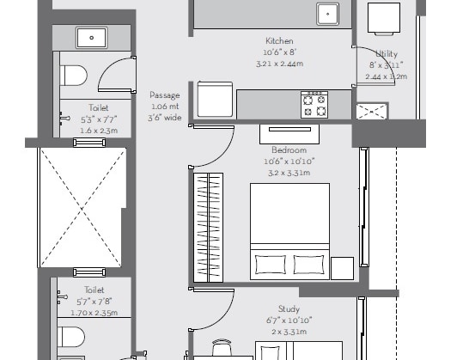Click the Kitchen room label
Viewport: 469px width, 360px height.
[x=279, y=41]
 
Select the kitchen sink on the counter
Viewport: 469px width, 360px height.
[x=327, y=15]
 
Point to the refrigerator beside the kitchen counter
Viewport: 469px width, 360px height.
[x=215, y=100]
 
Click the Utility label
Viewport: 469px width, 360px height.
[x=387, y=54]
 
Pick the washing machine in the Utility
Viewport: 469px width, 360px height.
[x=383, y=16]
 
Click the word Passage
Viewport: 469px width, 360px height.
[x=164, y=95]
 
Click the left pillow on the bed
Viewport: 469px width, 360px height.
[x=267, y=263]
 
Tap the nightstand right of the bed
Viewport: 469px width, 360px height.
[x=343, y=267]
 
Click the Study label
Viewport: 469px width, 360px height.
[x=289, y=308]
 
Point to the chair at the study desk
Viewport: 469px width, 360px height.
[x=222, y=347]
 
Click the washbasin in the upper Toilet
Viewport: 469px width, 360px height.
[x=90, y=37]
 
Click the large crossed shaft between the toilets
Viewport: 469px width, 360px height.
[x=82, y=206]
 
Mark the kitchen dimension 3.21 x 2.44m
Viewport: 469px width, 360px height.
[x=279, y=64]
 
